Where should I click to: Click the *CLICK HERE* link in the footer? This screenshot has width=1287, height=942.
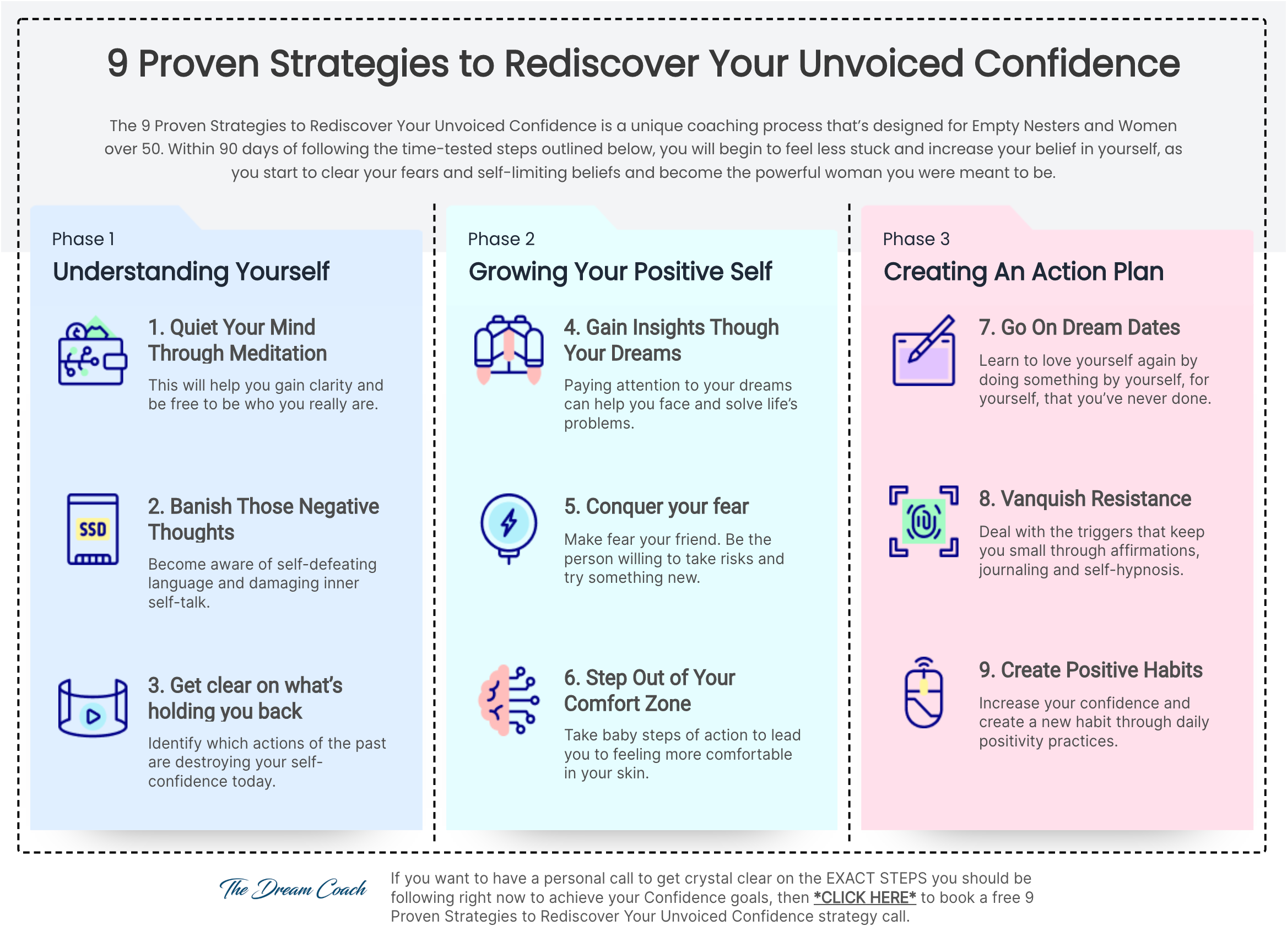tap(864, 897)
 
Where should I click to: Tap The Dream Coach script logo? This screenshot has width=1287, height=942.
tap(293, 889)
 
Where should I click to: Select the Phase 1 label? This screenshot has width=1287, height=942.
tap(83, 239)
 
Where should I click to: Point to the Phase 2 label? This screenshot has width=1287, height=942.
tap(501, 239)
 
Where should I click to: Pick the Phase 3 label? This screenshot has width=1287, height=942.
tap(916, 239)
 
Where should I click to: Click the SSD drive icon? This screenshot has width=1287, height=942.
tap(93, 529)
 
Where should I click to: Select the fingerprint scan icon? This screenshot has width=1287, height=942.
tap(923, 521)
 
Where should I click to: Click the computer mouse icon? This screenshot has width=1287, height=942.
tap(923, 692)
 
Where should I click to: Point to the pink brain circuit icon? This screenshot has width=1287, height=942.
tap(509, 700)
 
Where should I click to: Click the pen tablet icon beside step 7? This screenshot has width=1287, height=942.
tap(924, 350)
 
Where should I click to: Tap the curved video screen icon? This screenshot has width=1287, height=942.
tap(93, 708)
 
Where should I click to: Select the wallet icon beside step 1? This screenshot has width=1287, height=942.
tap(93, 350)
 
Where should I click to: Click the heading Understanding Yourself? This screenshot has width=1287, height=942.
tap(191, 272)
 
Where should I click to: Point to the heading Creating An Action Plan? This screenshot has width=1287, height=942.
tap(1024, 272)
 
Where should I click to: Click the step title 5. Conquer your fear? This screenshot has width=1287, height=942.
tap(656, 506)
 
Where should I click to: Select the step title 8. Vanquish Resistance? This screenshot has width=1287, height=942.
tap(1085, 499)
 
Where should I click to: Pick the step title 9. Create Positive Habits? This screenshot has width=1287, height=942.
tap(1091, 670)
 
